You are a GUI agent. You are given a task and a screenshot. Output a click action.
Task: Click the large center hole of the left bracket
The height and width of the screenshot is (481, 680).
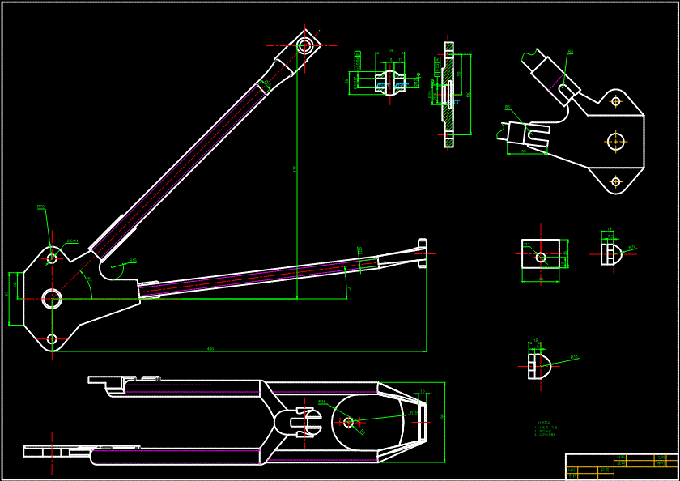(52, 299)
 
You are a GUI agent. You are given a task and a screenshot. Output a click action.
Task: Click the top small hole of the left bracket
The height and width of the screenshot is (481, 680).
(52, 258)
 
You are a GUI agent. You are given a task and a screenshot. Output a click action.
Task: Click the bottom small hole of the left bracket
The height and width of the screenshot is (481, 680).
(52, 339)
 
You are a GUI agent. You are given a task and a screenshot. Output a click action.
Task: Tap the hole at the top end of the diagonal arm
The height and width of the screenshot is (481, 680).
(304, 45)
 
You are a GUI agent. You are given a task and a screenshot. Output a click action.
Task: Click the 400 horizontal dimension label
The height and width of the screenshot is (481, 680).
(210, 349)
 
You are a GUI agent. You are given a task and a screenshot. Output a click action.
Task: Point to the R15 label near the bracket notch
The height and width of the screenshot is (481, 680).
(133, 261)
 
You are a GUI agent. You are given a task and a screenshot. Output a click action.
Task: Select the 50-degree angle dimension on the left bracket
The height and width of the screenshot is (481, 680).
(88, 280)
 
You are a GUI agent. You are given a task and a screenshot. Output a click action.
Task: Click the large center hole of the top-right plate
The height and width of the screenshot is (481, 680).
(616, 141)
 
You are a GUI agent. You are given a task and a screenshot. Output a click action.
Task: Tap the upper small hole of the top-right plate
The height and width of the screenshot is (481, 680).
(616, 101)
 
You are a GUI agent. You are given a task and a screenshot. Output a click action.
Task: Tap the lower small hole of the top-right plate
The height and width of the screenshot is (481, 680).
(616, 181)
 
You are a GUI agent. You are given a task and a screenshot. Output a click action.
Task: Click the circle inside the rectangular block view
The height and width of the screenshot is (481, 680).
(541, 258)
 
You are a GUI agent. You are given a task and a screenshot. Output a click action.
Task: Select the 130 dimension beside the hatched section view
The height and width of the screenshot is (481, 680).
(469, 94)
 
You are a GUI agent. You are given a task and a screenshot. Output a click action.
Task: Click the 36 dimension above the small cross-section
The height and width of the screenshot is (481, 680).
(391, 52)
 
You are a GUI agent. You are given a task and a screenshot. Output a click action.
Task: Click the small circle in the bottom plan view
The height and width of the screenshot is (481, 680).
(349, 422)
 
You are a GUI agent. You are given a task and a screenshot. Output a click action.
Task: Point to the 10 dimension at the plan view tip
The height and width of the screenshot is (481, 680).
(422, 391)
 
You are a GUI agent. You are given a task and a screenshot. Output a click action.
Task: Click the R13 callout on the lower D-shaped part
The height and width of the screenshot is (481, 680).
(574, 357)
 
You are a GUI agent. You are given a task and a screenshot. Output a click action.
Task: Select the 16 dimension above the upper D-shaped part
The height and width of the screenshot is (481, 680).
(610, 230)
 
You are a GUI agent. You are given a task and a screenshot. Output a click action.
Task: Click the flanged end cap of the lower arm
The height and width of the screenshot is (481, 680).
(422, 252)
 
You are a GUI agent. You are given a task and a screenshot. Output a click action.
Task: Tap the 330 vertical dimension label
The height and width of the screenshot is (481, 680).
(295, 168)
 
